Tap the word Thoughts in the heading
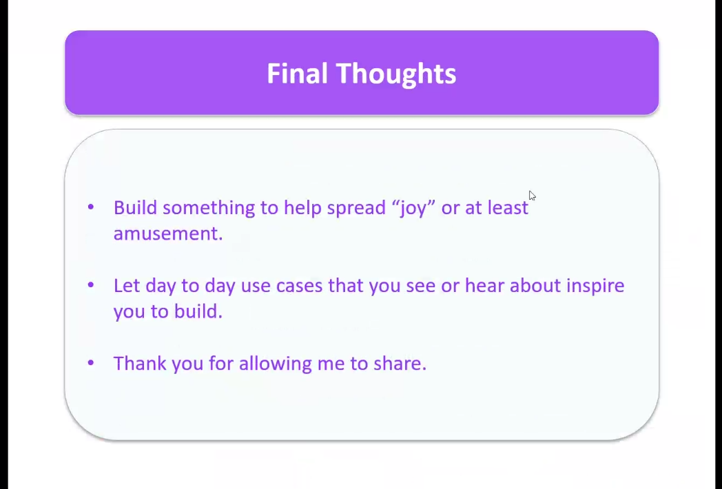pyautogui.click(x=396, y=74)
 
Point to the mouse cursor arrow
pyautogui.click(x=533, y=196)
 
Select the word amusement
pyautogui.click(x=168, y=233)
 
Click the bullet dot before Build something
pyautogui.click(x=91, y=207)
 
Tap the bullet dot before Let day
pyautogui.click(x=91, y=285)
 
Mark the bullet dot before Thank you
pyautogui.click(x=91, y=363)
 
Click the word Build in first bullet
pyautogui.click(x=135, y=207)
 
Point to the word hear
pyautogui.click(x=484, y=285)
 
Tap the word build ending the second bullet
pyautogui.click(x=198, y=311)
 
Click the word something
pyautogui.click(x=209, y=209)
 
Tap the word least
pyautogui.click(x=508, y=207)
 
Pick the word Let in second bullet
pyautogui.click(x=126, y=285)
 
